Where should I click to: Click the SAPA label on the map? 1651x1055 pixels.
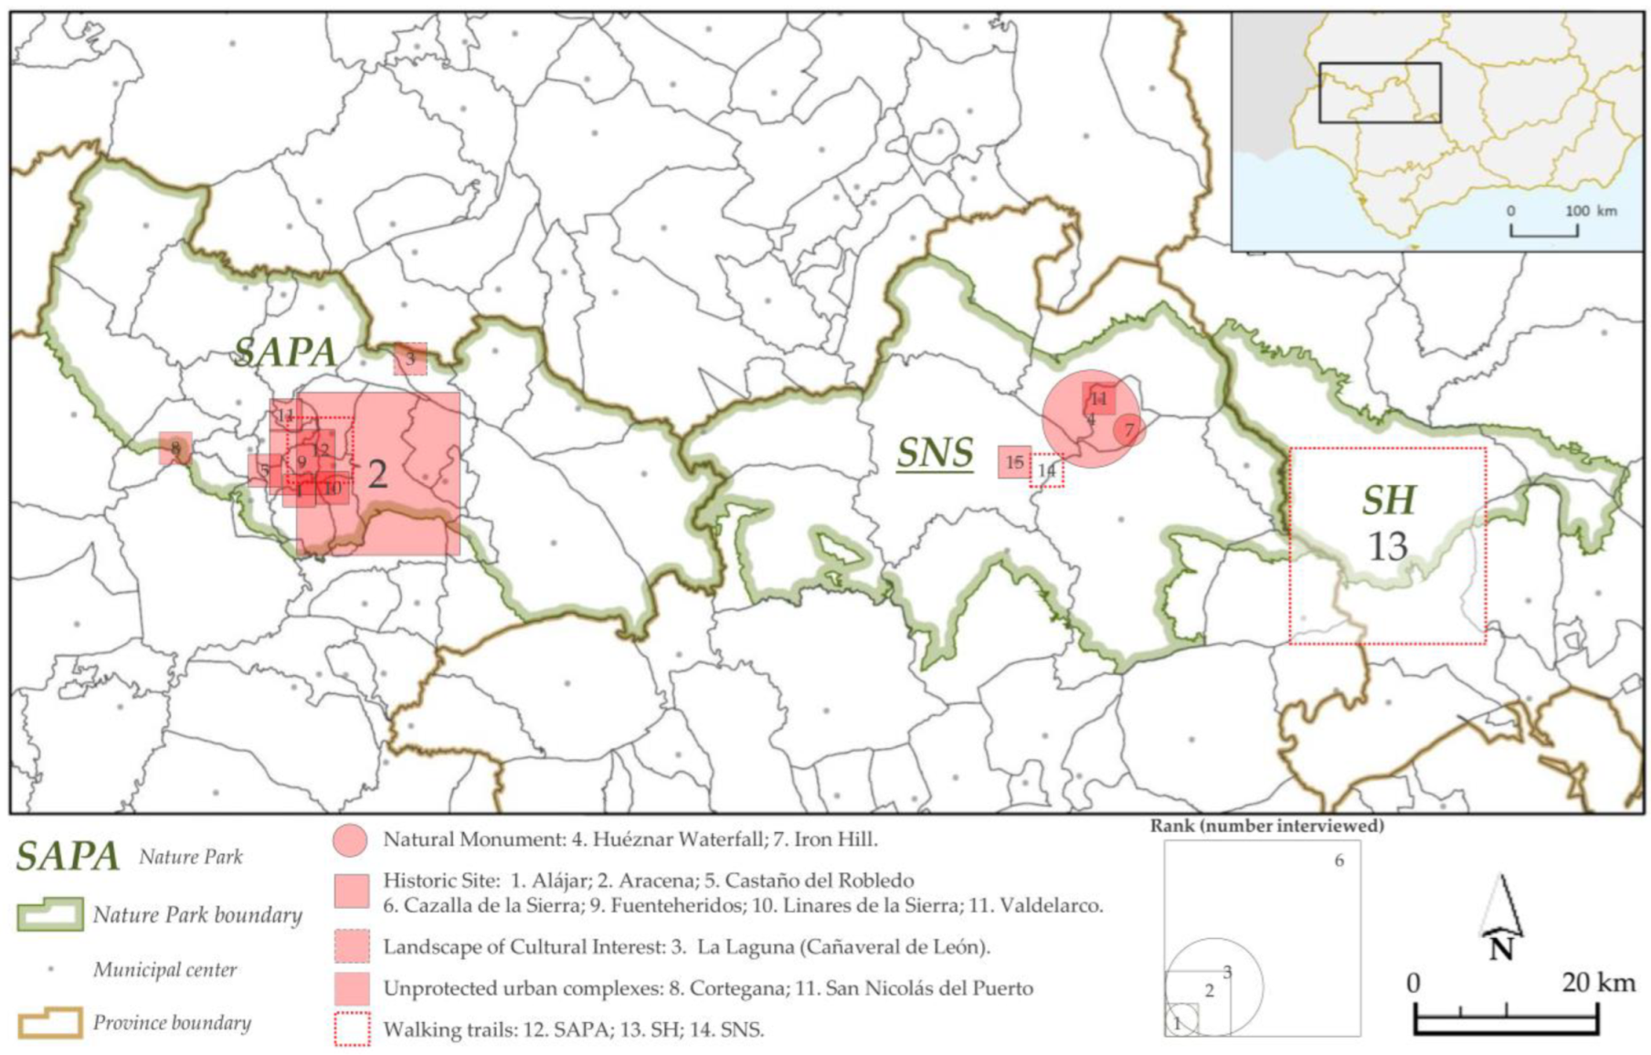coord(285,352)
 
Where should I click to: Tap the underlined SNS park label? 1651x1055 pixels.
coord(934,452)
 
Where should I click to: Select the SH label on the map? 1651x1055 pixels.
coord(1388,500)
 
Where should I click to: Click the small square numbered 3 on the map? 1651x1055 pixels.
coord(410,359)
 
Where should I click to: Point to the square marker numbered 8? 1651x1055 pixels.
coord(175,448)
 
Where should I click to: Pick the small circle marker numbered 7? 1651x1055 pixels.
coord(1129,429)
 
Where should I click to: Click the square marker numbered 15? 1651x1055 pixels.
coord(1014,462)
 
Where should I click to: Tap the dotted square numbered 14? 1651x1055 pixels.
coord(1046,470)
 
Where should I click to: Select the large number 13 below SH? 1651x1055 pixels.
coord(1387,546)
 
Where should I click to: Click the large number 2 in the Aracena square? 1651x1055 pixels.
coord(376,474)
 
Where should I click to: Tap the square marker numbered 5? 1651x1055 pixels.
coord(264,471)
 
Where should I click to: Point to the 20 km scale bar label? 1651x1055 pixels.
coord(1598,983)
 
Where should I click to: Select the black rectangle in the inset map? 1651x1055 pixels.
coord(1380,92)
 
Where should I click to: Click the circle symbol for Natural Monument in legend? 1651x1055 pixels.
coord(350,839)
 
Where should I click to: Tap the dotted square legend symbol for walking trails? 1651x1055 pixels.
coord(352,1029)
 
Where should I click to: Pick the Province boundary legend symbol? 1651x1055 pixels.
coord(50,1023)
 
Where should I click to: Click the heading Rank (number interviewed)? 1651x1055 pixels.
coord(1266,826)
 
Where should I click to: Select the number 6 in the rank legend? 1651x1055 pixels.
coord(1339,860)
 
